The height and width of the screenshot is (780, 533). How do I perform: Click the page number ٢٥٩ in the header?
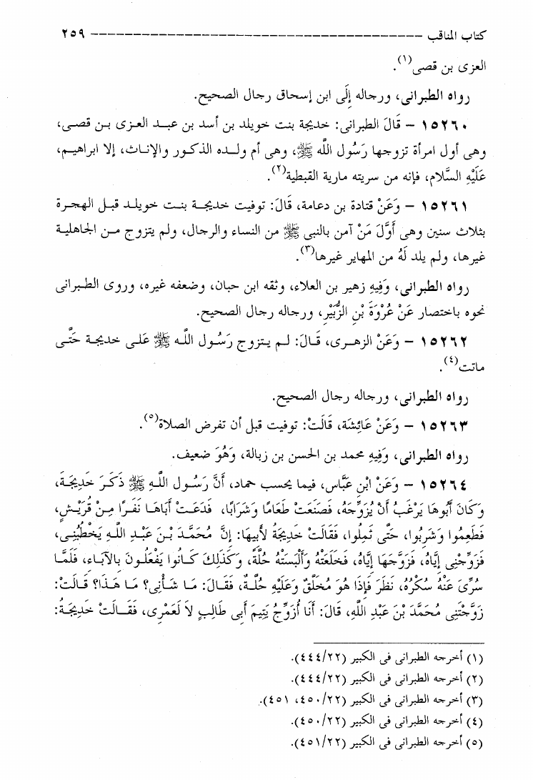tap(69, 33)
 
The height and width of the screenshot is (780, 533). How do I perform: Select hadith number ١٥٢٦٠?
tap(458, 125)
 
